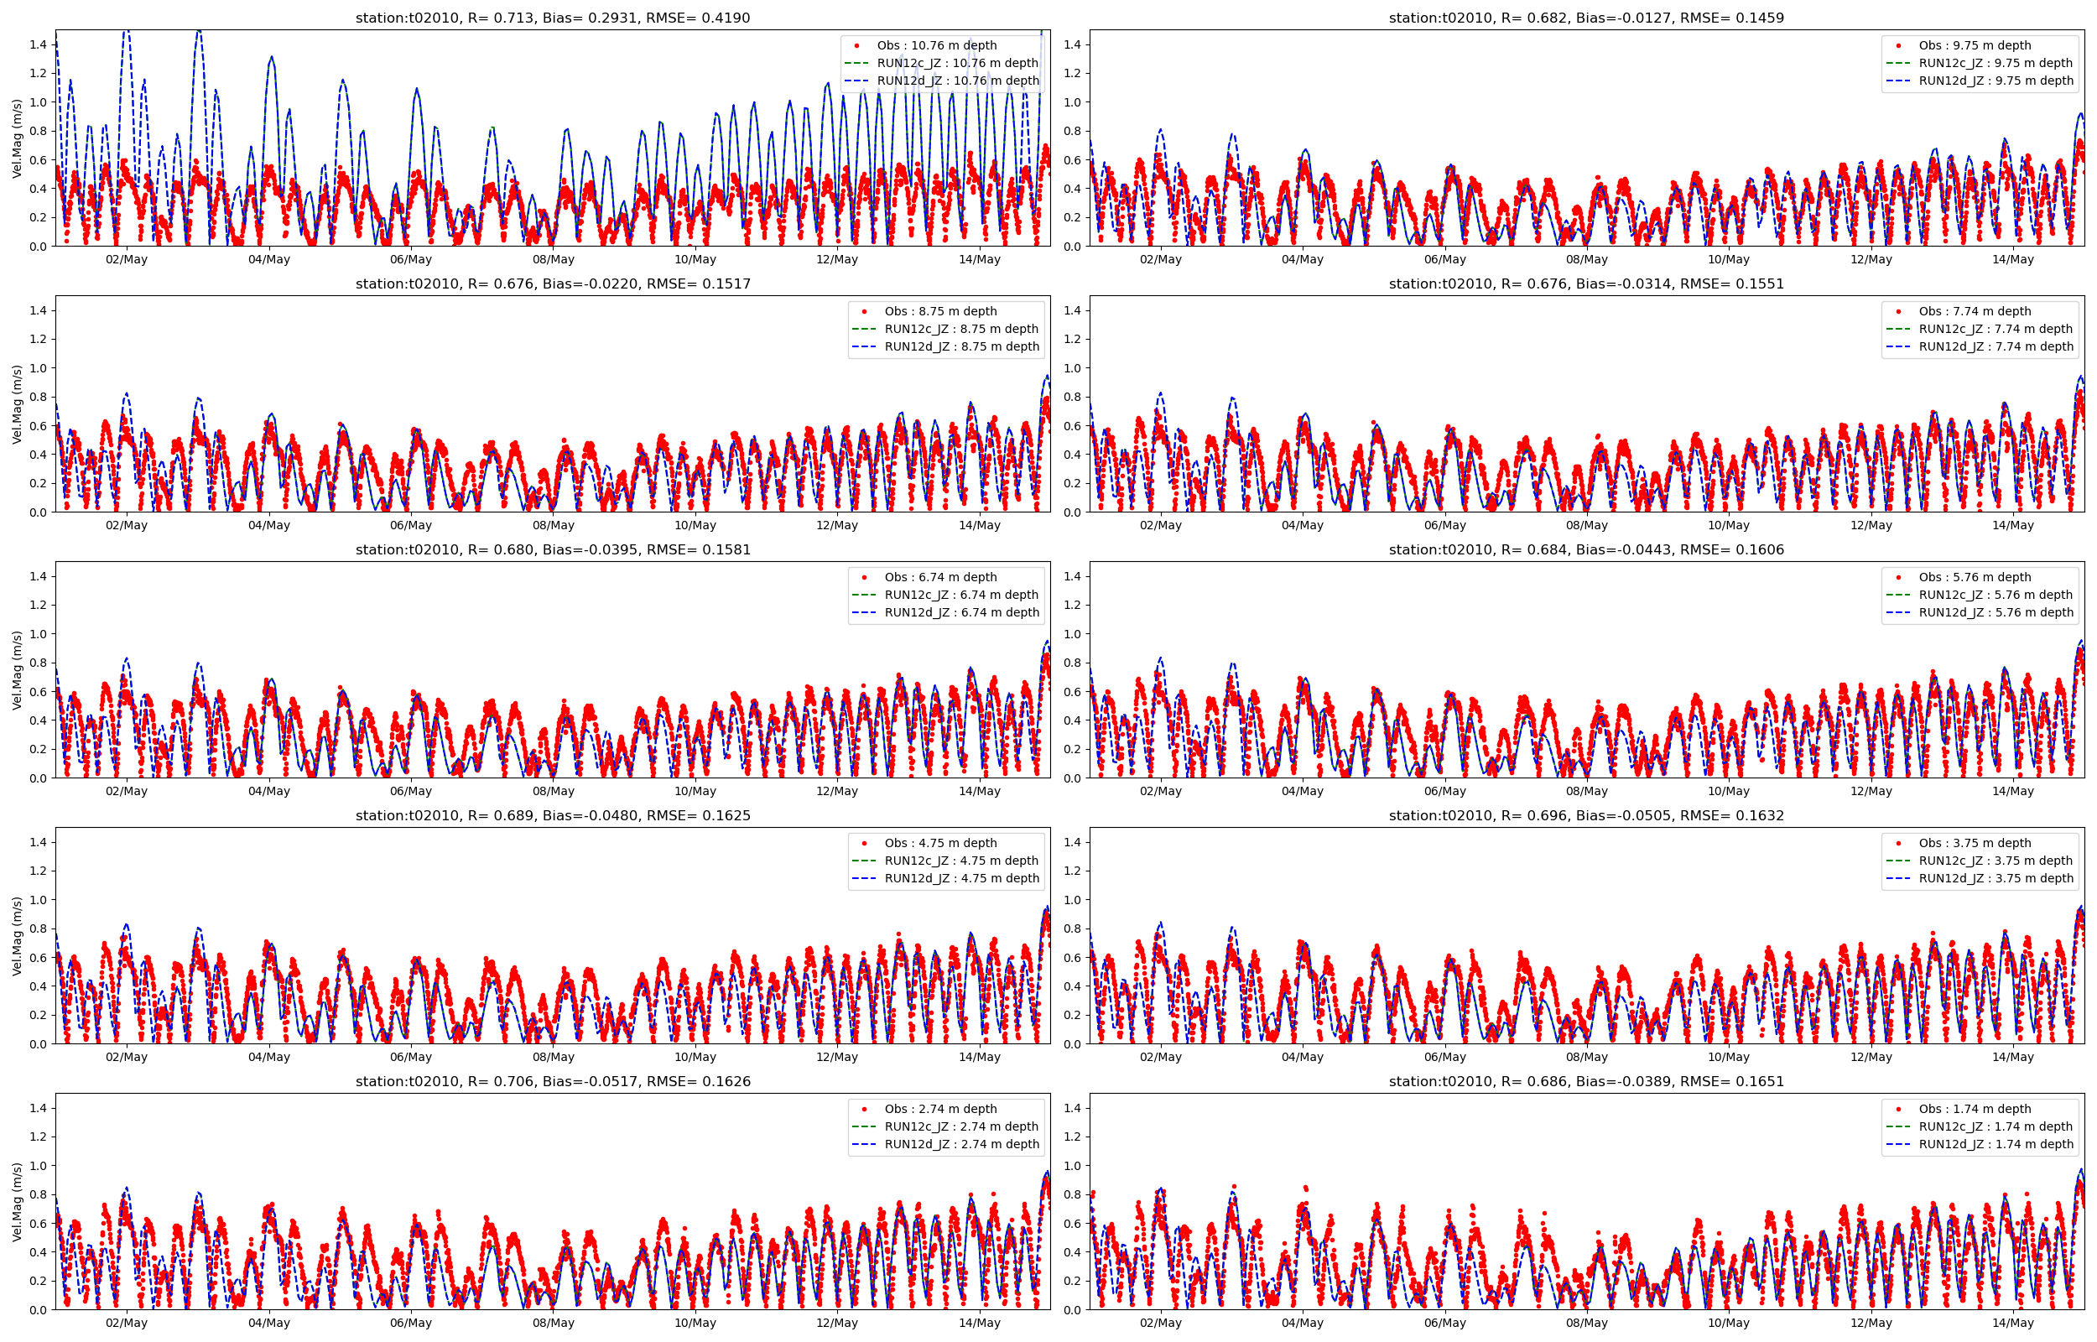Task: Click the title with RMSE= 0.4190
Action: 552,18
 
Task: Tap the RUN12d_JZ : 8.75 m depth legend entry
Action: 961,347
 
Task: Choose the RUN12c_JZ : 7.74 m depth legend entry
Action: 1995,329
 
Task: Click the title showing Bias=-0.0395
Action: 552,550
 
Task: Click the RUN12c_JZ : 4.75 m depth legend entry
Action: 961,861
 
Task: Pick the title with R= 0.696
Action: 1585,815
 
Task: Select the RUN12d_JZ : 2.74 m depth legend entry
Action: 961,1144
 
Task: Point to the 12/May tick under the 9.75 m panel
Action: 1871,260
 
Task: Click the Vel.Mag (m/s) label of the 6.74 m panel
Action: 17,670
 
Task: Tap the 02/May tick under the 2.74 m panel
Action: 127,1323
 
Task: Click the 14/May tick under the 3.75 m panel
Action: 2012,1057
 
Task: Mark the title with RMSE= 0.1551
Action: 1585,284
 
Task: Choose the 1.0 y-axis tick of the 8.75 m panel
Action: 39,367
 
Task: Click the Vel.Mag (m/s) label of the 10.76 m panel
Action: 17,138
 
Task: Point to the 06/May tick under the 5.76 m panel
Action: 1444,791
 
